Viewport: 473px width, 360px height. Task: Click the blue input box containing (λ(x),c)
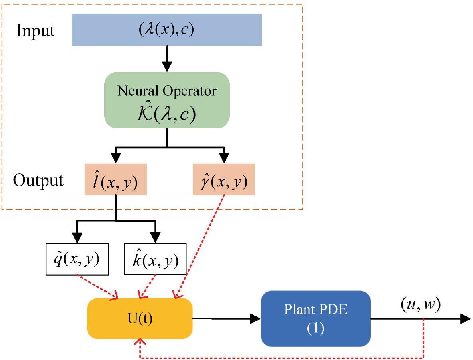167,30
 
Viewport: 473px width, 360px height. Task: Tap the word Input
35,30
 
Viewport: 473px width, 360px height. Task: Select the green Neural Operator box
167,100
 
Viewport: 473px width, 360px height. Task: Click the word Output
38,180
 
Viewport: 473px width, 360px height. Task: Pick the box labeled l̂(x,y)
116,179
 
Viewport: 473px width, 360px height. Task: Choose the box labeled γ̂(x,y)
224,179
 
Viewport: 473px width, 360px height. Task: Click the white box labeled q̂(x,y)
77,259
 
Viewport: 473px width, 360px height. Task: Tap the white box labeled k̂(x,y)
155,259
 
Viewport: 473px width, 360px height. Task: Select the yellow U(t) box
140,318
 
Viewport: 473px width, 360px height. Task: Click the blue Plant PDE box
315,318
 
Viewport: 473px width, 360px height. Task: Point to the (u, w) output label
421,305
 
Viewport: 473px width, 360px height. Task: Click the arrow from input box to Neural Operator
167,59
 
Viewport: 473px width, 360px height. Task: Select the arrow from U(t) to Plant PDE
226,318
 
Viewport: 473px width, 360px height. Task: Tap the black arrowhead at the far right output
465,319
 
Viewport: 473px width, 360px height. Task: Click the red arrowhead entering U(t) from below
140,341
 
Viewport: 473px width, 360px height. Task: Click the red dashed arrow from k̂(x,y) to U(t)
147,286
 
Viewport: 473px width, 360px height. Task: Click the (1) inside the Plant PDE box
315,328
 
